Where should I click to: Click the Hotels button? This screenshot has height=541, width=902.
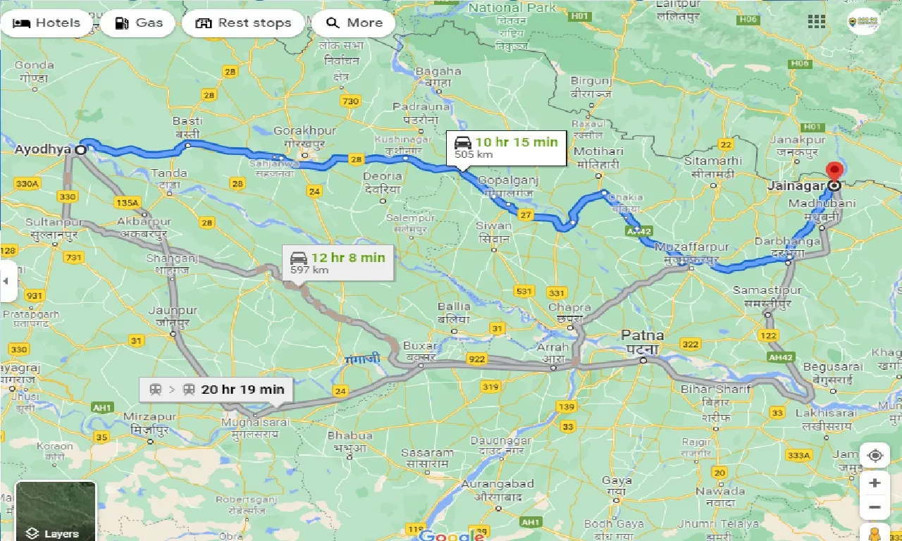click(47, 23)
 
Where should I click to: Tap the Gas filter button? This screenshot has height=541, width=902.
click(138, 23)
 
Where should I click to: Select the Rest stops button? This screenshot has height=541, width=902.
click(243, 23)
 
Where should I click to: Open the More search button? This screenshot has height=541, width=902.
click(354, 23)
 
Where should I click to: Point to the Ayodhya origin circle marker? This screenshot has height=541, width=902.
click(81, 150)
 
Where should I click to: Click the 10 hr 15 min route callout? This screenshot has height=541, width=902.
click(507, 147)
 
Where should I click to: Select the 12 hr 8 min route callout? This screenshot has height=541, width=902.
click(338, 263)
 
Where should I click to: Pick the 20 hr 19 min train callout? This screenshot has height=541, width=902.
click(216, 390)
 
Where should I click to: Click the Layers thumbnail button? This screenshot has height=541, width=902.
click(55, 511)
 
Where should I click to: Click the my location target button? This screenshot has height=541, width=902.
click(875, 456)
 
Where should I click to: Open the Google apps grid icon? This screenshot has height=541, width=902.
click(817, 21)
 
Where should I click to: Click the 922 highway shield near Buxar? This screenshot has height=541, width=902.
click(477, 359)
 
